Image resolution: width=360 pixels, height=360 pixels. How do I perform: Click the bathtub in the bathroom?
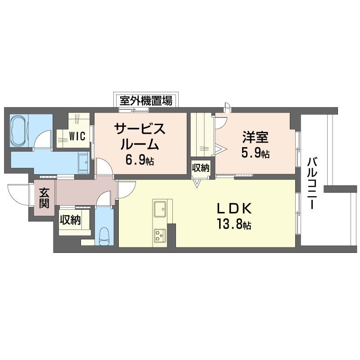coord(19,130)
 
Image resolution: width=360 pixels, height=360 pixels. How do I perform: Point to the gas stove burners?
coord(160,235)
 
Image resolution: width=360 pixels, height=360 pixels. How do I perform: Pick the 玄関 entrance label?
coord(44,198)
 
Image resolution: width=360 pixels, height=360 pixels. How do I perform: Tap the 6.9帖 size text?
coord(139,160)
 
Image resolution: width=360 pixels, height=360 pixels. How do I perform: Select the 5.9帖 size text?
coord(255,153)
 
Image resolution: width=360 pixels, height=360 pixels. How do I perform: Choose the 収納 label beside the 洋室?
coord(201,168)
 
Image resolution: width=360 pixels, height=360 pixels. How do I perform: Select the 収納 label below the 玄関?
coord(70,220)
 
